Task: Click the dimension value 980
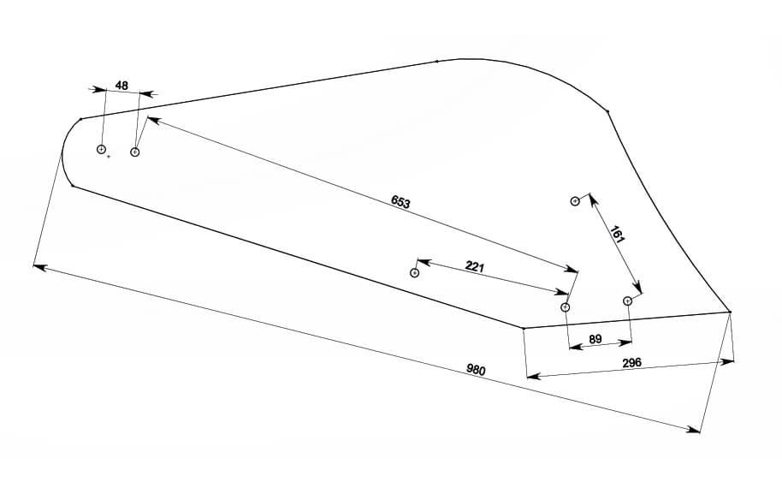coord(477,371)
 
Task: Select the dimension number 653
coord(400,202)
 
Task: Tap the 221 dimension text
coord(475,267)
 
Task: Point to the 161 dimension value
coord(617,235)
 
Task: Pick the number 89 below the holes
coord(595,340)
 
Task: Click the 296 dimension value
coord(632,363)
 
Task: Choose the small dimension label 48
coord(121,86)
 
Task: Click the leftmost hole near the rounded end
coord(101,150)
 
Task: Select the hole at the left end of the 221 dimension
coord(415,273)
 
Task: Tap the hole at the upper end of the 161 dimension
coord(575,201)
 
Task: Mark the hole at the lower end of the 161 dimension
coord(627,301)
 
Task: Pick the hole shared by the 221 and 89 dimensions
coord(565,307)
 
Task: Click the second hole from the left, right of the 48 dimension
coord(134,152)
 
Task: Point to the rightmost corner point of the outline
coord(730,312)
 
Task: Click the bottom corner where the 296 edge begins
coord(523,328)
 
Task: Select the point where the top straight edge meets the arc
coord(437,62)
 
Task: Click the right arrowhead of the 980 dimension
coord(696,431)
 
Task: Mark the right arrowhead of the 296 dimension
coord(729,362)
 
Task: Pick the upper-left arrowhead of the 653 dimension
coord(151,119)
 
